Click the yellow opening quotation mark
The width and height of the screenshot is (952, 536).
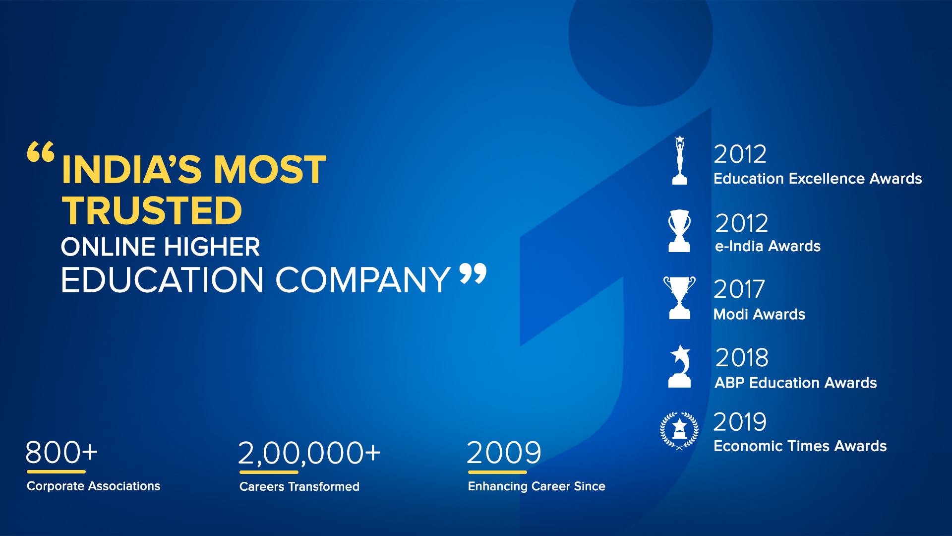[x=41, y=152]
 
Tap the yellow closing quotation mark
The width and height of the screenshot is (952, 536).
[x=473, y=273]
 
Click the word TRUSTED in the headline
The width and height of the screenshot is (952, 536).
[x=152, y=210]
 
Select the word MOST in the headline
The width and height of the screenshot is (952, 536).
[x=270, y=169]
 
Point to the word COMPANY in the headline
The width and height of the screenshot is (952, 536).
[x=363, y=280]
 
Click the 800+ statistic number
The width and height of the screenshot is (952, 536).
[x=61, y=453]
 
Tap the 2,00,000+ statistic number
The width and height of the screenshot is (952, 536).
[x=309, y=454]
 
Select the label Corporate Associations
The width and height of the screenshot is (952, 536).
[x=93, y=486]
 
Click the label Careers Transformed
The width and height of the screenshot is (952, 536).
[x=299, y=486]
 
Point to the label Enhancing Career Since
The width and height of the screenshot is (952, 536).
[x=536, y=486]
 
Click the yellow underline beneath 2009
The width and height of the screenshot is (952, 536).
[x=497, y=472]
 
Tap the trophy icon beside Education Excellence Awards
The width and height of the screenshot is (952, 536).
[x=680, y=160]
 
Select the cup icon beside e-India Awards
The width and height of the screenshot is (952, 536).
[x=679, y=231]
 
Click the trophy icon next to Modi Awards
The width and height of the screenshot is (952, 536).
[x=679, y=298]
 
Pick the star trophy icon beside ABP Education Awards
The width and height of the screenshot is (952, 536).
[x=680, y=367]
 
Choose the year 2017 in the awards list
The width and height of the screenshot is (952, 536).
[x=739, y=289]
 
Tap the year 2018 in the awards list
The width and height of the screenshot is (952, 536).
[x=742, y=357]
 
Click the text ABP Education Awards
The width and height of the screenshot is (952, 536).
[x=796, y=383]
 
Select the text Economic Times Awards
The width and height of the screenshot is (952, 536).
[x=800, y=446]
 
